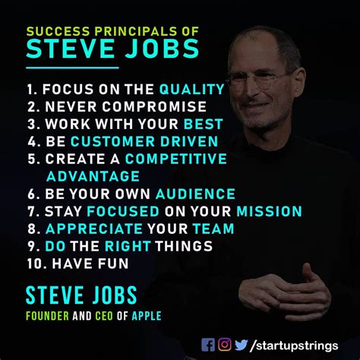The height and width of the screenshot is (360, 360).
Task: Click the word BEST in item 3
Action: point(204,124)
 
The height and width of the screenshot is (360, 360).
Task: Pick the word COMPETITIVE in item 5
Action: point(176,159)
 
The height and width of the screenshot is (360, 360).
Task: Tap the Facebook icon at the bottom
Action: point(208,344)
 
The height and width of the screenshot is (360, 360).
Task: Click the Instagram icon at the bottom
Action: point(225,344)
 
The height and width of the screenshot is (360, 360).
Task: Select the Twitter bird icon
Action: point(242,344)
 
